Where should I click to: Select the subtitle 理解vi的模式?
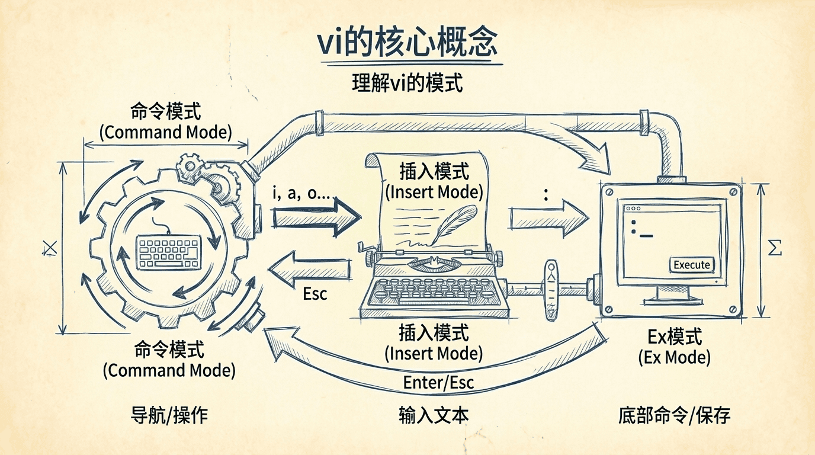pos(407,83)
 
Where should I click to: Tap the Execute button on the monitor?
pos(692,265)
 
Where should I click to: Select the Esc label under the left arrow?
pos(315,294)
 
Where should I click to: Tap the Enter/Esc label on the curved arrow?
pos(438,382)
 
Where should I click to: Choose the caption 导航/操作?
pos(169,415)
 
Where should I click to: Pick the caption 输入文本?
pos(434,415)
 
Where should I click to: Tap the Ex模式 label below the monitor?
pos(675,337)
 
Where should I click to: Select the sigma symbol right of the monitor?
pos(775,249)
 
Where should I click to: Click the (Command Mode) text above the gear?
pos(165,132)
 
